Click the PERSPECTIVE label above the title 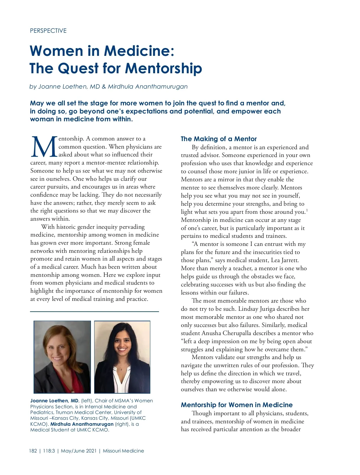click(48, 31)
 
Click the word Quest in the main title click(78, 68)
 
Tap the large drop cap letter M click(44, 147)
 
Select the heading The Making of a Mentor click(219, 139)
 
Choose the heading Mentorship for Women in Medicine click(237, 405)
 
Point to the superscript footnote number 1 click(307, 210)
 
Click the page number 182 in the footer click(33, 451)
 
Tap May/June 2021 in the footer click(79, 451)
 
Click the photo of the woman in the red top click(62, 357)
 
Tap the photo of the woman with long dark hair click(122, 357)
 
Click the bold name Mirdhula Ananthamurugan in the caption click(82, 424)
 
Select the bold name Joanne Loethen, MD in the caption click(54, 401)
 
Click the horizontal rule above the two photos click(94, 312)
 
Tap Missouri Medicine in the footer click(123, 451)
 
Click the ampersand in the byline click(104, 87)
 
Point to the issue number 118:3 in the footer click(49, 451)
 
